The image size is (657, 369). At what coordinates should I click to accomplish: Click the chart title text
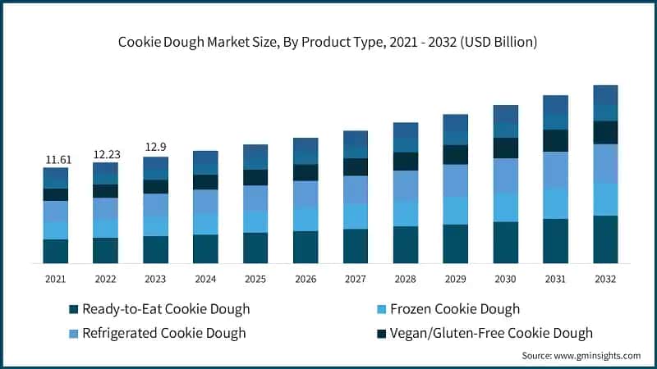(328, 43)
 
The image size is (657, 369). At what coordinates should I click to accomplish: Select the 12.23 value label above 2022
(105, 154)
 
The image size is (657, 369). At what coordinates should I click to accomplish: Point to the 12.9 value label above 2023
(155, 148)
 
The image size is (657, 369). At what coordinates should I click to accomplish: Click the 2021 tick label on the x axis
(56, 279)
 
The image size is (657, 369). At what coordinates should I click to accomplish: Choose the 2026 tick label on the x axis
(306, 279)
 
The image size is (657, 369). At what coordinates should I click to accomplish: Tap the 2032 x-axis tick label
(605, 279)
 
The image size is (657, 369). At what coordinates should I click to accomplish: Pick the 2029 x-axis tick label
(455, 279)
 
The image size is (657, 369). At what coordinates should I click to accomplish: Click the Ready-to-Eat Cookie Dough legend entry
(165, 309)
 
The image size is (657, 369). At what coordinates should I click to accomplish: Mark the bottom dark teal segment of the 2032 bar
(605, 239)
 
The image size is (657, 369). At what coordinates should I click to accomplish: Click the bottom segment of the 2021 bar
(56, 251)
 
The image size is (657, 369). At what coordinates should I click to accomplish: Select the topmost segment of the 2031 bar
(555, 105)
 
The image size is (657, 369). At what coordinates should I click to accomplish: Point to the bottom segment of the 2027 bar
(356, 246)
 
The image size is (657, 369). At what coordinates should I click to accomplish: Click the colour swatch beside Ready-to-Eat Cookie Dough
(73, 310)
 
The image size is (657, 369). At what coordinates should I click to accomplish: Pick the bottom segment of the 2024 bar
(205, 248)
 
